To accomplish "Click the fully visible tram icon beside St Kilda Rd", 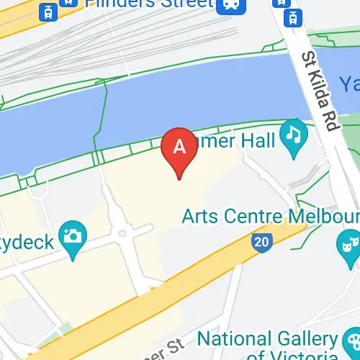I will (x=294, y=16).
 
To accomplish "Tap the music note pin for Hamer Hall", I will (x=293, y=135).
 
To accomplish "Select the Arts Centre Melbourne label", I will (x=269, y=215).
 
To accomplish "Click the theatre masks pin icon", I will (x=349, y=243).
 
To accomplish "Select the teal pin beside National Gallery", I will (x=349, y=344).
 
